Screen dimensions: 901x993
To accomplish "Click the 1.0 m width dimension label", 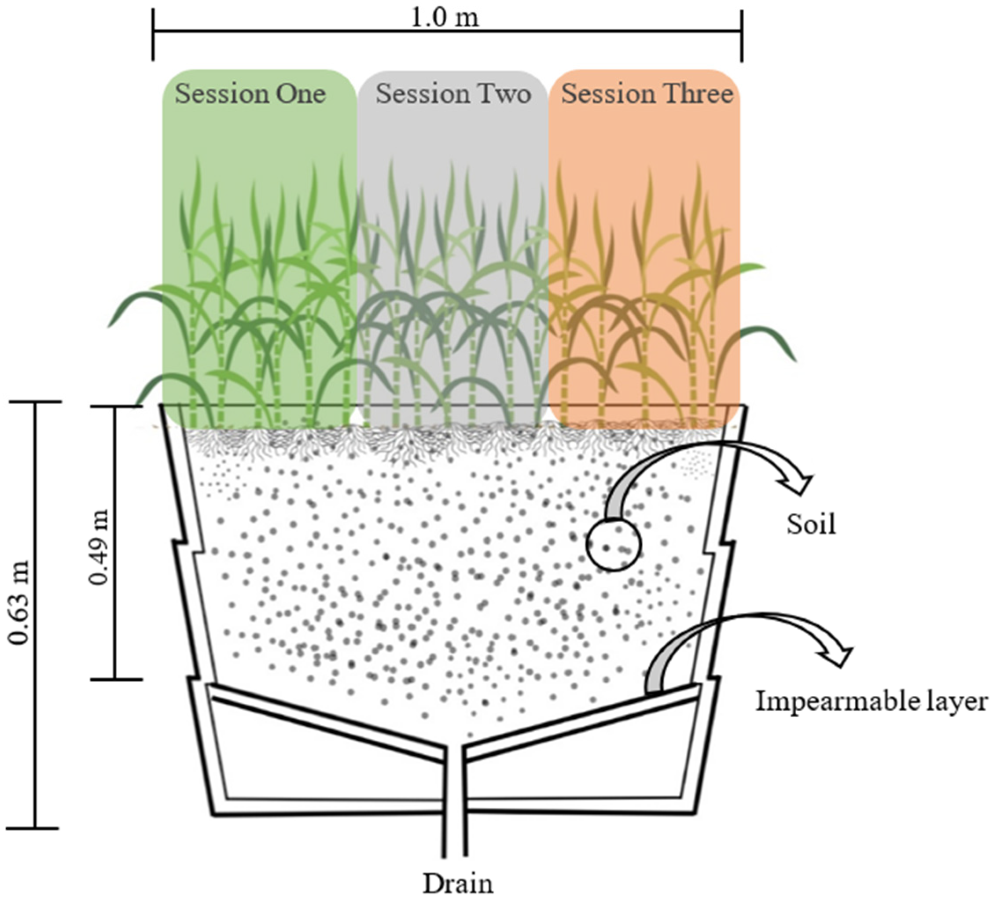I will coord(444,18).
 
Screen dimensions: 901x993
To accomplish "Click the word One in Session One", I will coord(301,94).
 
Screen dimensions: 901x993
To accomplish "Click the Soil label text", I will coord(810,524).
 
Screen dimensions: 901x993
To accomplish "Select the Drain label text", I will coord(458,884).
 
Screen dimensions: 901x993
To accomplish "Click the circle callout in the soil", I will coord(613,544).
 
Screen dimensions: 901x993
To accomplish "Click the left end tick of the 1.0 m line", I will coord(153,34).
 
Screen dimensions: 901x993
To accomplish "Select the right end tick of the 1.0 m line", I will coord(742,34).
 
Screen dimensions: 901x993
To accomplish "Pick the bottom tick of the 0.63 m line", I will coord(34,828).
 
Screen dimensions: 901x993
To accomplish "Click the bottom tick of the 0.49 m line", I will coord(116,679).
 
